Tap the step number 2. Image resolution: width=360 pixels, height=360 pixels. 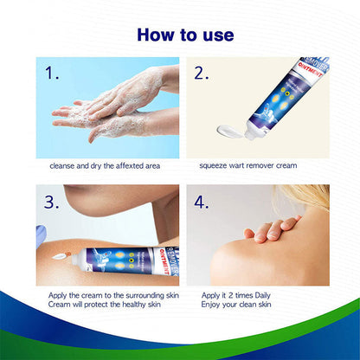(202, 74)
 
